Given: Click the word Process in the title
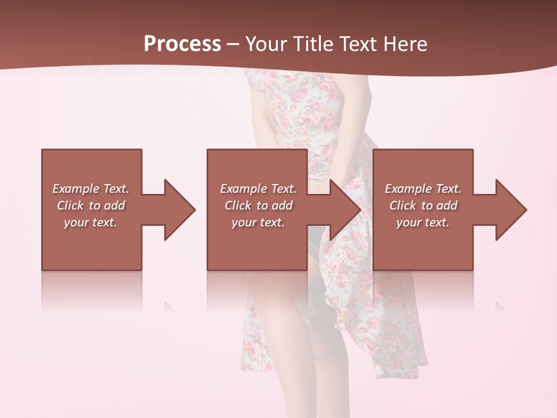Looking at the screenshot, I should point(182,44).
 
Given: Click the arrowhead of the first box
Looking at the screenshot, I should point(180,210).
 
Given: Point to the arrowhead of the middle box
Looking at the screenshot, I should point(346,210).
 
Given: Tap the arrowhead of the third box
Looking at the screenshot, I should point(511,210).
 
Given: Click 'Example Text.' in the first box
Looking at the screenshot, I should point(91,189).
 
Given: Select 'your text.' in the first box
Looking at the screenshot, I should point(91,222).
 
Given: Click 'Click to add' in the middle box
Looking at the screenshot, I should point(258,206).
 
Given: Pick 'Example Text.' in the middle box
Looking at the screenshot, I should point(258,189).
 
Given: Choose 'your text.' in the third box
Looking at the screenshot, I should point(423,222).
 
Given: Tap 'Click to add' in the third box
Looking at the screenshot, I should point(423,206).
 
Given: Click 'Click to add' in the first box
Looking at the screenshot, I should point(91,206).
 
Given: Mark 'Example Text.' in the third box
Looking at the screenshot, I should point(423,189).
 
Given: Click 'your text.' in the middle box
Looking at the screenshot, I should point(258,222).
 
